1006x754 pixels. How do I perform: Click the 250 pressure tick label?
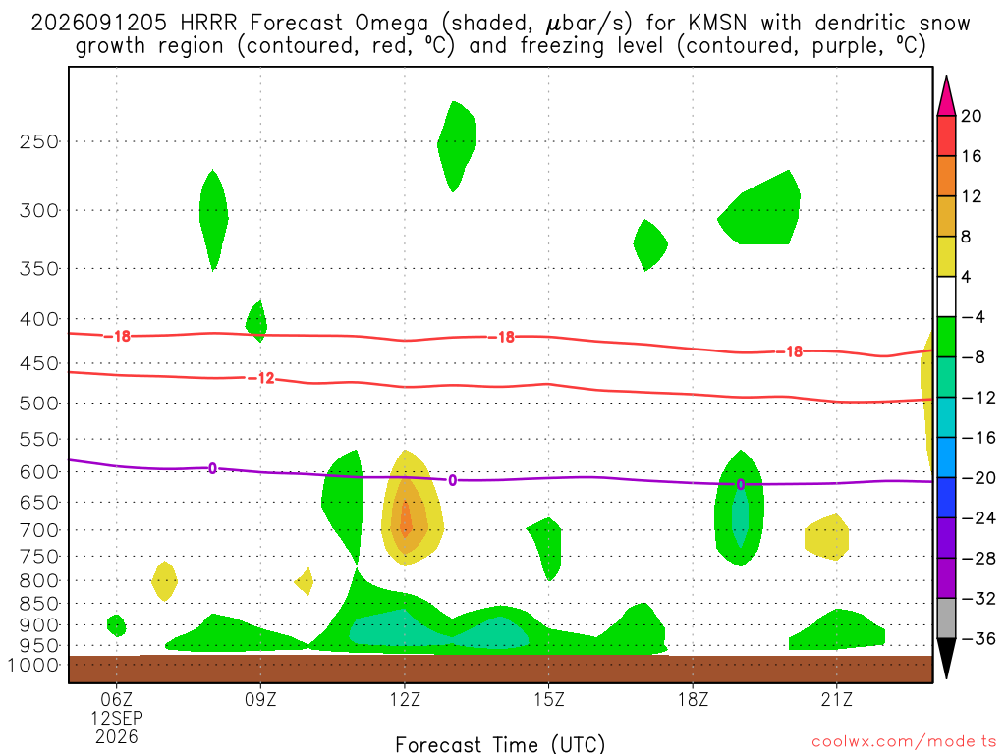click(38, 141)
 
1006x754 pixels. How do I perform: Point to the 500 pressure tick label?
click(38, 404)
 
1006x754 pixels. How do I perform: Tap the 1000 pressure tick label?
click(33, 665)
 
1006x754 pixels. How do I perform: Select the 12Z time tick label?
click(405, 699)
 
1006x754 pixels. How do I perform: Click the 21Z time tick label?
click(837, 699)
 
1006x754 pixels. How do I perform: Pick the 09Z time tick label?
click(260, 699)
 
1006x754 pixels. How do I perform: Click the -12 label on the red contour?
click(261, 378)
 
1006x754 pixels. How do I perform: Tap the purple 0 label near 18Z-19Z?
click(741, 485)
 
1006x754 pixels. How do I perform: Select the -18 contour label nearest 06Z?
click(118, 336)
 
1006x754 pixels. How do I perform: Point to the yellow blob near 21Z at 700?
click(827, 537)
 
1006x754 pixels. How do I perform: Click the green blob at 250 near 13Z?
click(456, 146)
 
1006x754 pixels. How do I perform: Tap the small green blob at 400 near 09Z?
click(256, 321)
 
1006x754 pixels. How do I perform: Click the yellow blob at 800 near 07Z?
click(165, 581)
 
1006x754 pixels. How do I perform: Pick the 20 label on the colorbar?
click(972, 116)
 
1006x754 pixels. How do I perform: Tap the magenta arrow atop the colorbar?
click(946, 96)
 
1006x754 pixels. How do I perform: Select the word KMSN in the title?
click(717, 24)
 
